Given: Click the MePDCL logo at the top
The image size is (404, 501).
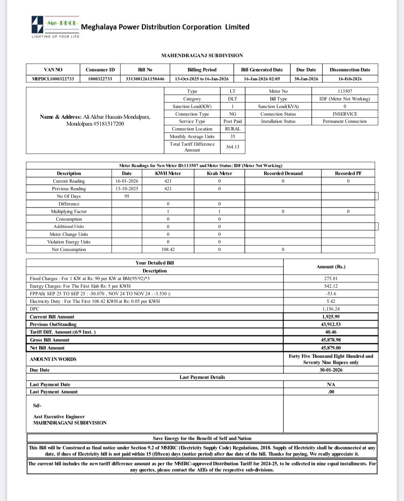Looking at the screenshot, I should pyautogui.click(x=55, y=26).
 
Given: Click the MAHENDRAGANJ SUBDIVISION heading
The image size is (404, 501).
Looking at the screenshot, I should pyautogui.click(x=202, y=55).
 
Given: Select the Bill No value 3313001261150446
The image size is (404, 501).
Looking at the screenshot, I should pyautogui.click(x=145, y=79).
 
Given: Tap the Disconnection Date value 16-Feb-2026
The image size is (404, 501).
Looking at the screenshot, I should pyautogui.click(x=350, y=79).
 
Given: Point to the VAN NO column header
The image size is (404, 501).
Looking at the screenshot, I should pyautogui.click(x=53, y=69).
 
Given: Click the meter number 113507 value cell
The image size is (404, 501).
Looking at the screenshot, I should pyautogui.click(x=345, y=91).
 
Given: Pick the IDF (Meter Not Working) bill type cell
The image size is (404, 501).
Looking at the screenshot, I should pyautogui.click(x=345, y=99).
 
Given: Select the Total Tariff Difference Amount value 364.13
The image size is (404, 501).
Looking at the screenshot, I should pyautogui.click(x=232, y=147).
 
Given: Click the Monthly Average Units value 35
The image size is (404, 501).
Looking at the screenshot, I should pyautogui.click(x=232, y=136).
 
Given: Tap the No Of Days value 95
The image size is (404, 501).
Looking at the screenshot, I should pyautogui.click(x=126, y=196).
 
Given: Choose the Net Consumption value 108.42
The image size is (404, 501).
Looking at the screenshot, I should pyautogui.click(x=168, y=249).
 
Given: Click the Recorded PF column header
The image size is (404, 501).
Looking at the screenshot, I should pyautogui.click(x=348, y=173).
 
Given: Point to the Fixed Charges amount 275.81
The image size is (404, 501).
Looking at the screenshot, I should pyautogui.click(x=331, y=278).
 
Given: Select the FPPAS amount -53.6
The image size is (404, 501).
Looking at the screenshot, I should pyautogui.click(x=331, y=294).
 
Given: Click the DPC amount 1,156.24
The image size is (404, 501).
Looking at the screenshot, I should pyautogui.click(x=331, y=309).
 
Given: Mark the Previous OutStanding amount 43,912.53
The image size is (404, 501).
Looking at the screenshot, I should pyautogui.click(x=331, y=324).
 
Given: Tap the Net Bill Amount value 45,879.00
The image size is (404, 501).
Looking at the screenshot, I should pyautogui.click(x=331, y=348).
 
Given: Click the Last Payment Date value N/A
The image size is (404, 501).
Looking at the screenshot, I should pyautogui.click(x=331, y=385).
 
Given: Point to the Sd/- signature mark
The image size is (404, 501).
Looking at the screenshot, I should pyautogui.click(x=37, y=405).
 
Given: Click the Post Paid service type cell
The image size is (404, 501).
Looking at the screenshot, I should pyautogui.click(x=232, y=121).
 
